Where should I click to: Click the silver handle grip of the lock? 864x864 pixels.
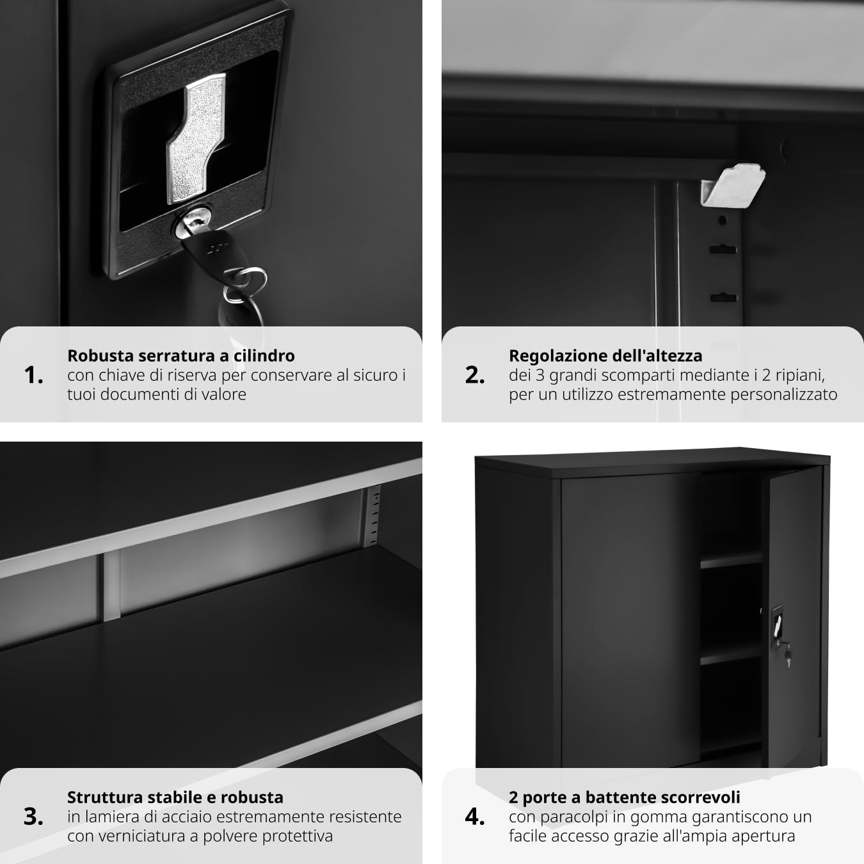[x=196, y=138]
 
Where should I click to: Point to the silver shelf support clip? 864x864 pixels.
[x=733, y=186]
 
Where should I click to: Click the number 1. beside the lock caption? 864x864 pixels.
[x=34, y=375]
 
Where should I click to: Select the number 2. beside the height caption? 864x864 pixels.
[x=475, y=375]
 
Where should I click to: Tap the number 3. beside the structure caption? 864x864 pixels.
[x=34, y=817]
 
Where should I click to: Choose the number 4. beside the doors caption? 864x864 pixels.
[x=475, y=817]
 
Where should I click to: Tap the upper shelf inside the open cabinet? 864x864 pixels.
[x=732, y=561]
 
